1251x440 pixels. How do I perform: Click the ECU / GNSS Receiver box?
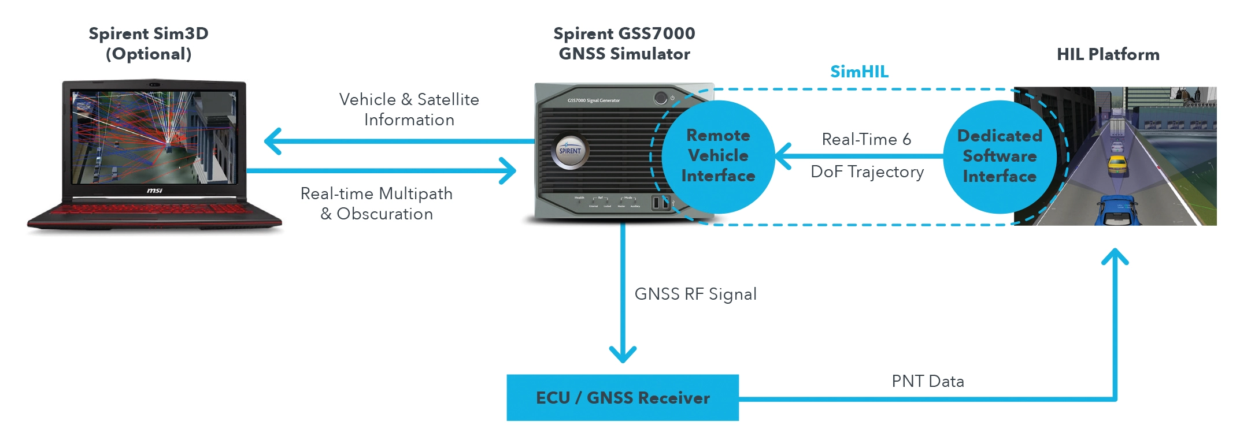tap(623, 398)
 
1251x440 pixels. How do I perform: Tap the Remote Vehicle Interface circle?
tap(718, 156)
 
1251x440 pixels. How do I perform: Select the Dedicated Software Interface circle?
tap(1000, 156)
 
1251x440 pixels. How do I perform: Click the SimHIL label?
tap(859, 72)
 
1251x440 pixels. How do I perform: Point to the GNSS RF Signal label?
tap(695, 294)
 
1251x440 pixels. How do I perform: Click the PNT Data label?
tap(928, 382)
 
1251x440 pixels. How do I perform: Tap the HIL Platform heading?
tap(1108, 54)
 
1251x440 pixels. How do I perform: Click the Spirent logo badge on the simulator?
tap(570, 151)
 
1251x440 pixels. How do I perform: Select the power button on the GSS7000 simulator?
tap(660, 98)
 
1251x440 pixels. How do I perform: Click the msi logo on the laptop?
tap(154, 191)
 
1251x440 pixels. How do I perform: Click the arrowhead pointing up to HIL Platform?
tap(1115, 256)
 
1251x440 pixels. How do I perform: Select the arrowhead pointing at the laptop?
tap(272, 141)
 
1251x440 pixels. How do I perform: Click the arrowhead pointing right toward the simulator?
tap(509, 171)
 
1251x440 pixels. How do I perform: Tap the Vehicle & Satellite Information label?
tap(409, 110)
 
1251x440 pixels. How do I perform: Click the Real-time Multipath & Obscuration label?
tap(376, 204)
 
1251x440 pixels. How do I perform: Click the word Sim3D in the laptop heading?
tap(181, 33)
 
